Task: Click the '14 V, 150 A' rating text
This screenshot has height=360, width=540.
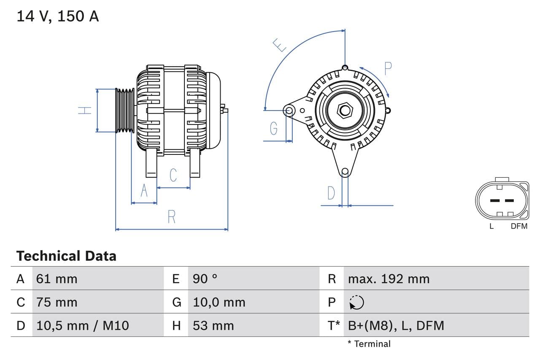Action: coord(58,16)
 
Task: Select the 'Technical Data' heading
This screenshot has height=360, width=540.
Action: coord(66,256)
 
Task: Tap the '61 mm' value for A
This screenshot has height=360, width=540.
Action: coord(57,279)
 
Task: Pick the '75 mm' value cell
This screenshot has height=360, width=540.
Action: coord(57,302)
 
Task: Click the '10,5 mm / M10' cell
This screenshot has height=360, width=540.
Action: coord(83,325)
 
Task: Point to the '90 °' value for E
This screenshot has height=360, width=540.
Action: coord(205,279)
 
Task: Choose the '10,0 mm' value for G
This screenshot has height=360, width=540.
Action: coord(219,302)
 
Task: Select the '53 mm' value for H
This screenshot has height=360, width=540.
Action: coord(213,325)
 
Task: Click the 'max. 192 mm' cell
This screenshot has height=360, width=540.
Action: coord(389,279)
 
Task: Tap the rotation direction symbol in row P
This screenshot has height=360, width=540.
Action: coord(356,302)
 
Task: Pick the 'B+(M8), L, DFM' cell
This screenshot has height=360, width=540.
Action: coord(396,325)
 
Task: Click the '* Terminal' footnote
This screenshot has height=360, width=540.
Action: coord(369,344)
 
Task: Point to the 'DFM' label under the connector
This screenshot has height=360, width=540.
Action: coord(519,226)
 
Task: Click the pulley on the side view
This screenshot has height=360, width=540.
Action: coord(125,110)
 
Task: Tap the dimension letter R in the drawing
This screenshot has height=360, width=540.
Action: coord(171,217)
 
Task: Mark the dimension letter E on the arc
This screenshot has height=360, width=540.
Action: coord(280,45)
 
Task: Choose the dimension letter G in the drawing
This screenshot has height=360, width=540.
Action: coord(274,128)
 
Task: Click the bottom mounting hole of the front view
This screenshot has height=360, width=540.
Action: coord(345,171)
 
